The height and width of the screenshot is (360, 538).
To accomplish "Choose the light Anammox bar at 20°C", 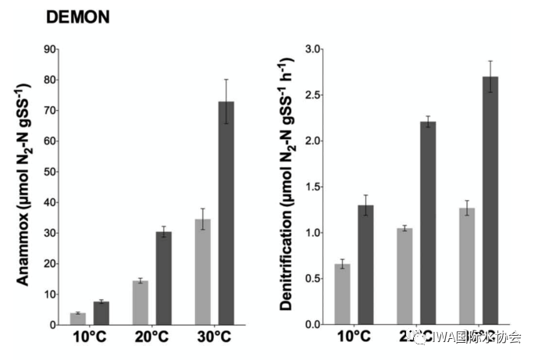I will pos(141,302).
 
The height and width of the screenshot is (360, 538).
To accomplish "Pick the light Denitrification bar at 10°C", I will pos(342,294).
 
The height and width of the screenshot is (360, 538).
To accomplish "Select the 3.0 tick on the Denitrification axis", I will pos(312,49).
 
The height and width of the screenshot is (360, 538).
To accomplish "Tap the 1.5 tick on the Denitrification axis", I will pos(312,187).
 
